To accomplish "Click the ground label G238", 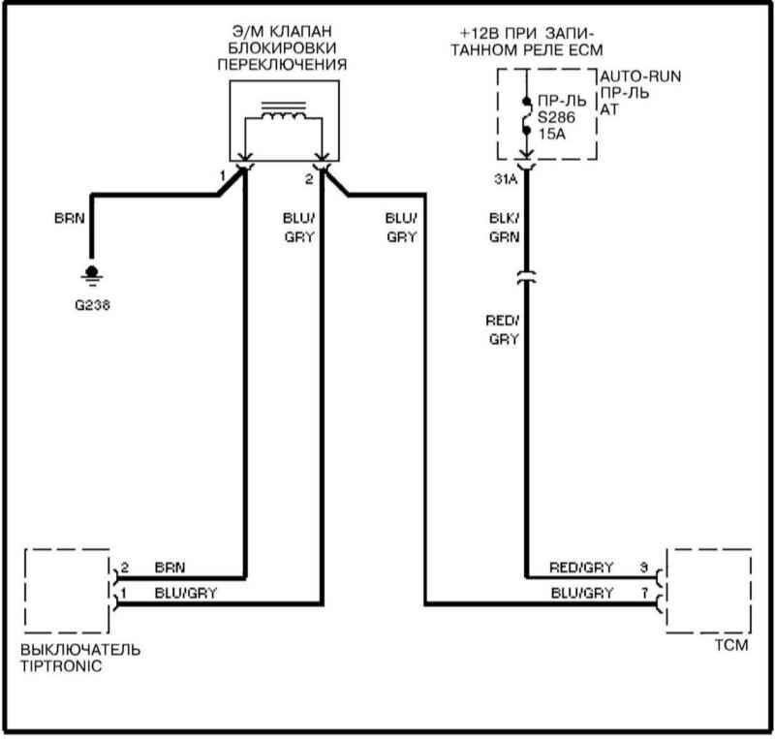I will pos(92,302).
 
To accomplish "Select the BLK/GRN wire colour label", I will pos(503,227).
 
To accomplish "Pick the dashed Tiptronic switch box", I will pos(65,590).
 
